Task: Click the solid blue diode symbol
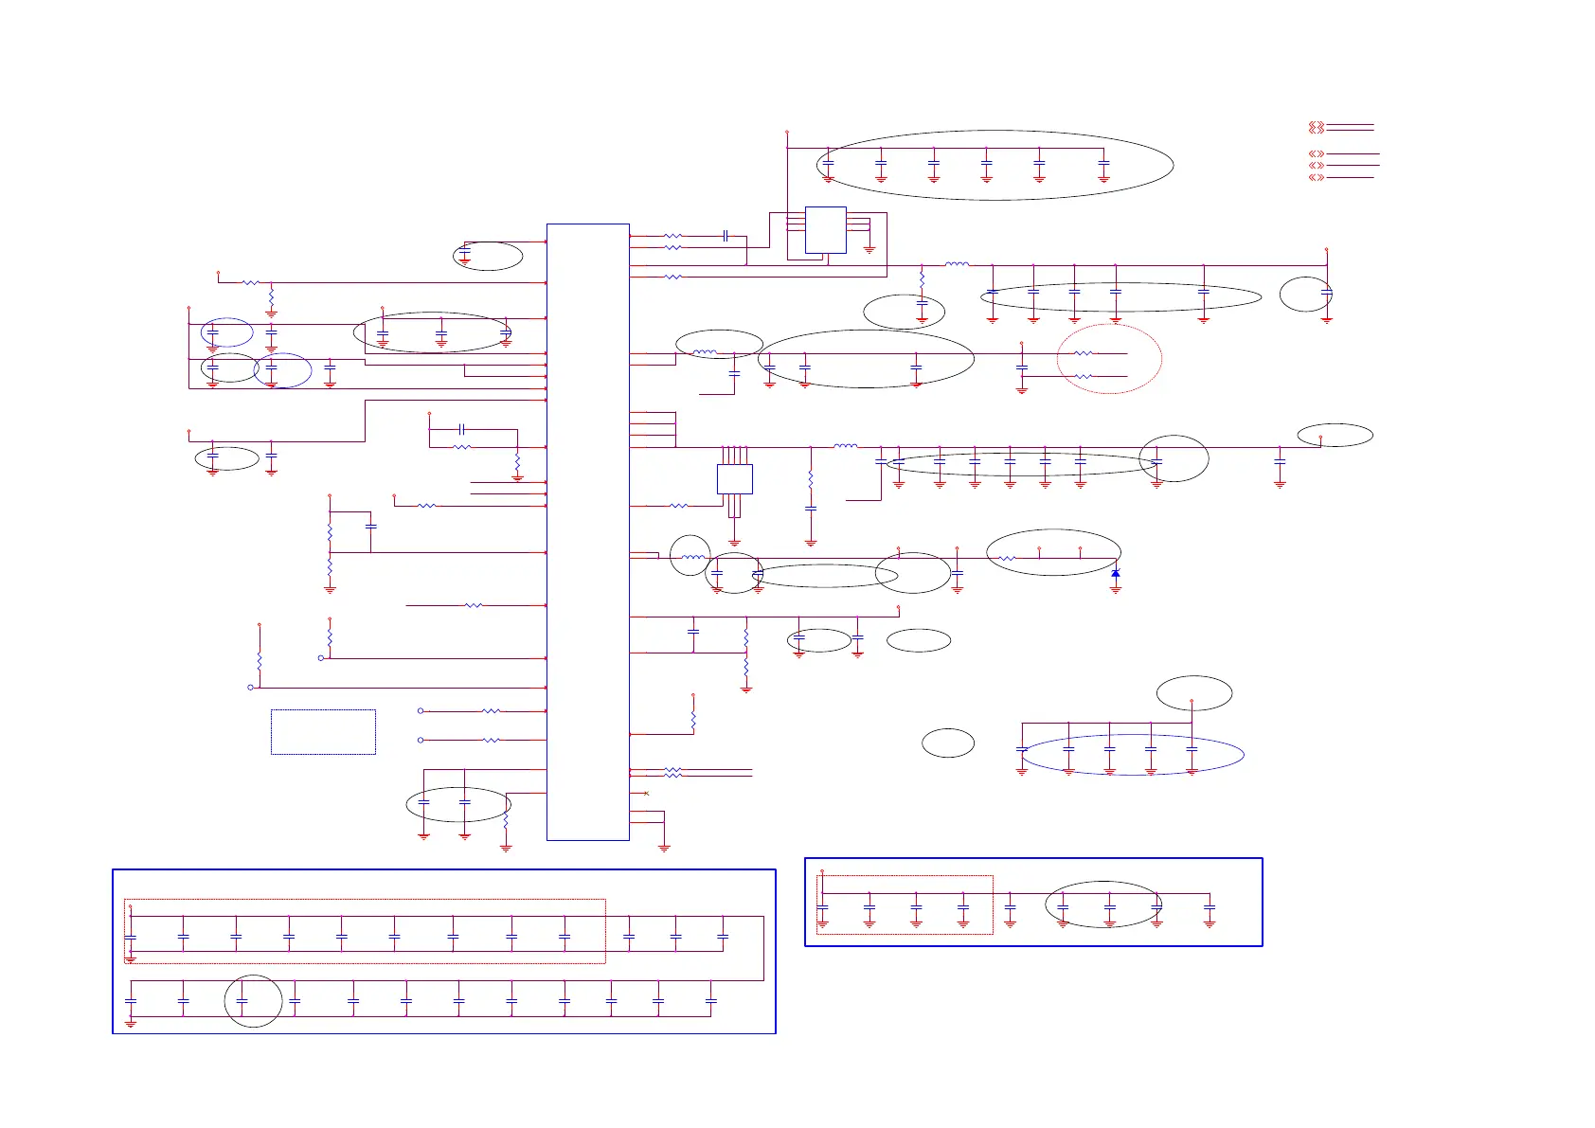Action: pyautogui.click(x=1116, y=574)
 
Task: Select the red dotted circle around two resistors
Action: pyautogui.click(x=1109, y=358)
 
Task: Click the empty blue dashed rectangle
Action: pyautogui.click(x=323, y=732)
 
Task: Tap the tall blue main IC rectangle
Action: pyautogui.click(x=588, y=531)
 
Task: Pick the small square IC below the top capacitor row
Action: pyautogui.click(x=826, y=230)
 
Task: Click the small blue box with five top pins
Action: pyautogui.click(x=735, y=479)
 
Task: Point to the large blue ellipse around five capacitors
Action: pyautogui.click(x=1133, y=755)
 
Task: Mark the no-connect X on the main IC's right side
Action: pyautogui.click(x=646, y=793)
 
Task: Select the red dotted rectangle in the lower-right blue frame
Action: pyautogui.click(x=905, y=904)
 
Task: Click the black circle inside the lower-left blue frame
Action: pyautogui.click(x=253, y=1001)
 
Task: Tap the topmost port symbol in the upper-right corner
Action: pyautogui.click(x=1316, y=127)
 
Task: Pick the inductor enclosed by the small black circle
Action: pyautogui.click(x=691, y=557)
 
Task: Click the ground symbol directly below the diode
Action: pyautogui.click(x=1116, y=589)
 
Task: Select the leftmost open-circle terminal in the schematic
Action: pyautogui.click(x=250, y=688)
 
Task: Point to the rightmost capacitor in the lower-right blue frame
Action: pyautogui.click(x=1210, y=909)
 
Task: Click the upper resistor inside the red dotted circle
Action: pyautogui.click(x=1084, y=353)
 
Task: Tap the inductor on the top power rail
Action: pyautogui.click(x=958, y=265)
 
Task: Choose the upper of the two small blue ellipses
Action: pyautogui.click(x=227, y=332)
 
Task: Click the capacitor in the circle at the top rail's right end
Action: pyautogui.click(x=1326, y=294)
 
